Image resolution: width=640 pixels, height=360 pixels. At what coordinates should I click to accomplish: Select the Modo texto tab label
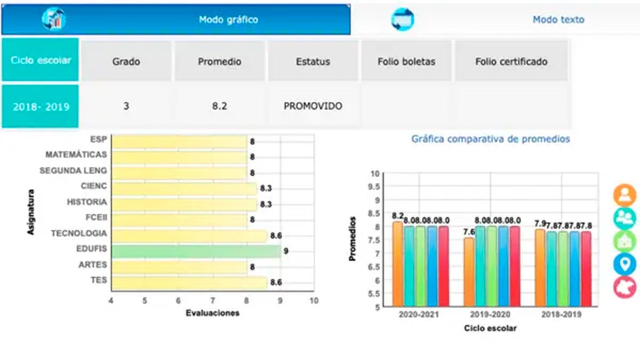tap(558, 20)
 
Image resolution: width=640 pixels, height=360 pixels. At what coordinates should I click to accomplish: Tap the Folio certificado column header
tap(511, 61)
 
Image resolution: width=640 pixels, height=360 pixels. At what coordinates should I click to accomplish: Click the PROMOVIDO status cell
tap(313, 106)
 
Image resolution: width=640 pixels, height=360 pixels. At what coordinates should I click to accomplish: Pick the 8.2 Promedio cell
tap(219, 106)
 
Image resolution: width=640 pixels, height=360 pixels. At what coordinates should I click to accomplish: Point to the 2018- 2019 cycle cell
tap(41, 106)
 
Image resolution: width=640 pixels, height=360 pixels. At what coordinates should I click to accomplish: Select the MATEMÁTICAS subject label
tap(76, 155)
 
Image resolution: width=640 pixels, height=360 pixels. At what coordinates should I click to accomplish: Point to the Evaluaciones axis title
tap(212, 313)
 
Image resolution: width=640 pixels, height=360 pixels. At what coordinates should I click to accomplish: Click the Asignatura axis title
tap(31, 212)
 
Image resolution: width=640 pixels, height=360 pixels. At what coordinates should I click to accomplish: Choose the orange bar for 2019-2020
tap(468, 272)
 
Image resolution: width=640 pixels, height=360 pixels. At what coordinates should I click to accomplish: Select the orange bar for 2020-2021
tap(397, 264)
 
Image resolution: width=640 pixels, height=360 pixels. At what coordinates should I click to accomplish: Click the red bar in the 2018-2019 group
tap(586, 269)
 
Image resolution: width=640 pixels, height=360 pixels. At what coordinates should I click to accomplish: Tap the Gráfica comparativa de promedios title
tap(490, 139)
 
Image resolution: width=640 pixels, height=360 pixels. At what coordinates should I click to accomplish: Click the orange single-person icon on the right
tap(625, 195)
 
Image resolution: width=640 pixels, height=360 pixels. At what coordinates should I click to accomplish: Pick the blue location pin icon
tap(625, 265)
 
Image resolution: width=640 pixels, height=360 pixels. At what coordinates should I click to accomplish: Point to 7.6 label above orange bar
tap(469, 231)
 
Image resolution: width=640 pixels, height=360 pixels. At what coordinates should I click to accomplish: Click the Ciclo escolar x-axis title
tap(490, 329)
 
